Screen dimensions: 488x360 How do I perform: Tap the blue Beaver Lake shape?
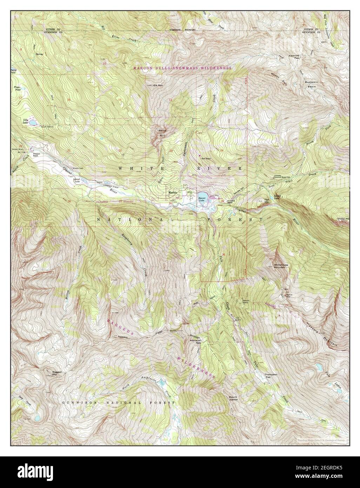pyautogui.click(x=202, y=195)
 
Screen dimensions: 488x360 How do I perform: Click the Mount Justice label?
pyautogui.click(x=233, y=398)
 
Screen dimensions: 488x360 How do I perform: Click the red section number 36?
pyautogui.click(x=223, y=254)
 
